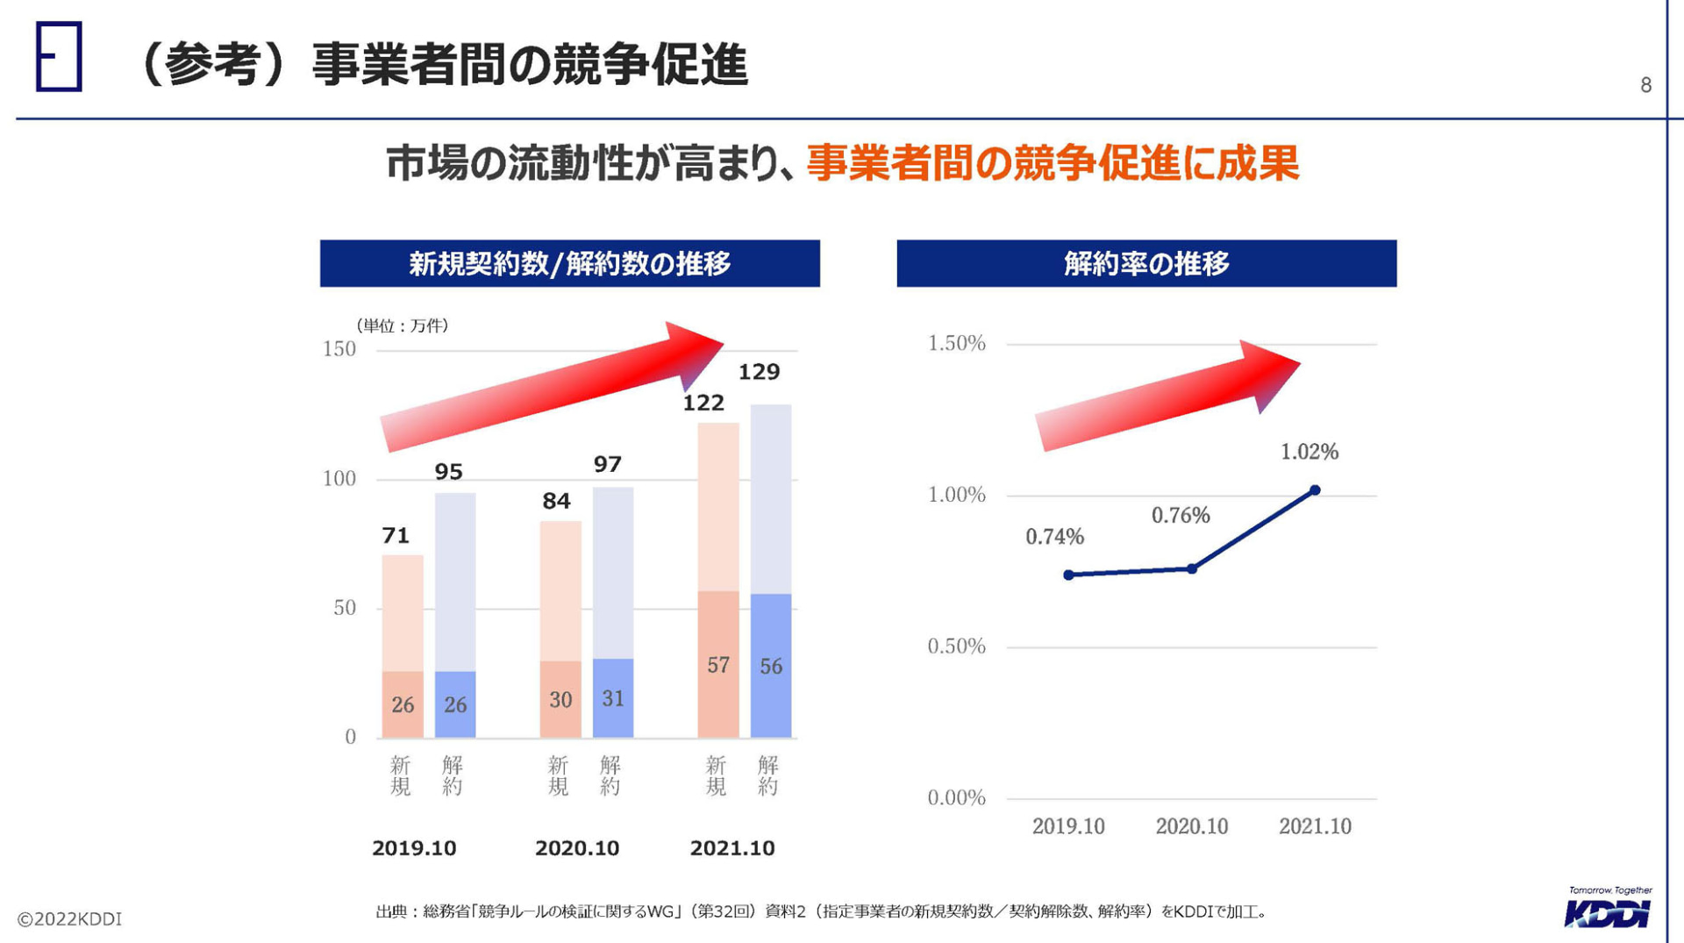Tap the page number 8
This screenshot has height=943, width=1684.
[x=1645, y=85]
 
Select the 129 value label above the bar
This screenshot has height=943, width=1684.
[x=759, y=372]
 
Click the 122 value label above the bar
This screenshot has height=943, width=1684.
[x=703, y=403]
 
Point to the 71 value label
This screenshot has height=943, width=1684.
[x=396, y=535]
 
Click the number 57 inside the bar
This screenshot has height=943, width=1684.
[x=718, y=665]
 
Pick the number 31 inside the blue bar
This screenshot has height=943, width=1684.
[x=613, y=698]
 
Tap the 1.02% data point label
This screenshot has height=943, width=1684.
[x=1309, y=452]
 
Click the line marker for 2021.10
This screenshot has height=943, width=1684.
[x=1315, y=490]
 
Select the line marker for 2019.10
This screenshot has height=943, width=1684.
[x=1068, y=575]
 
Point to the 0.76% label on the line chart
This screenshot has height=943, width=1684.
[x=1181, y=515]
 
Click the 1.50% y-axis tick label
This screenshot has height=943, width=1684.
[x=956, y=343]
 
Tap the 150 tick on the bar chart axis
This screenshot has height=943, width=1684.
[x=339, y=349]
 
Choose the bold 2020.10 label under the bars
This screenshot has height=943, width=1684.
[x=576, y=848]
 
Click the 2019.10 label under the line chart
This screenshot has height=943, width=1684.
[x=1067, y=826]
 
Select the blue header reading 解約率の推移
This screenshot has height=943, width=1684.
[x=1145, y=263]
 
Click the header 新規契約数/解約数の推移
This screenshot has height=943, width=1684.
[x=569, y=263]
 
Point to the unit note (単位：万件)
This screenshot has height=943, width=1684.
[x=403, y=325]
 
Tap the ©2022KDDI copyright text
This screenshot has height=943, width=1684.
[x=69, y=918]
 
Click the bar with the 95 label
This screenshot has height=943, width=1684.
[x=455, y=614]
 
